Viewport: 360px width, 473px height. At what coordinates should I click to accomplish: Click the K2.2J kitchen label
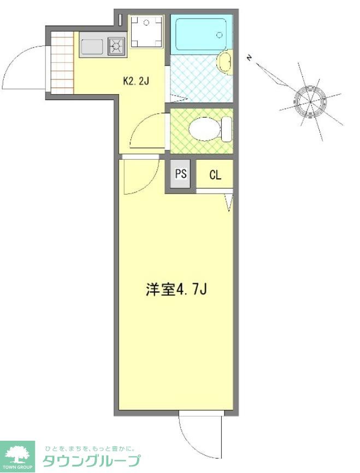pos(136,81)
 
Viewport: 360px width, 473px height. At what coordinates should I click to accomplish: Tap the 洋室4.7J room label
pos(175,289)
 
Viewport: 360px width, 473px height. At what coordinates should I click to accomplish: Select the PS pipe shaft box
pos(181,174)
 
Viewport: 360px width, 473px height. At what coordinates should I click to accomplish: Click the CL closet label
pos(215,176)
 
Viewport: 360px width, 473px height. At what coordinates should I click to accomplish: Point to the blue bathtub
pos(201,34)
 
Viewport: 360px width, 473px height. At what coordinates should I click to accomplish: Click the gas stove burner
pos(116,46)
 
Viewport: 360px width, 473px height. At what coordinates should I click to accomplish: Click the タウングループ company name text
pos(91,461)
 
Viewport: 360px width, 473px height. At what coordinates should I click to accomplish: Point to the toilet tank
pos(226,130)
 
